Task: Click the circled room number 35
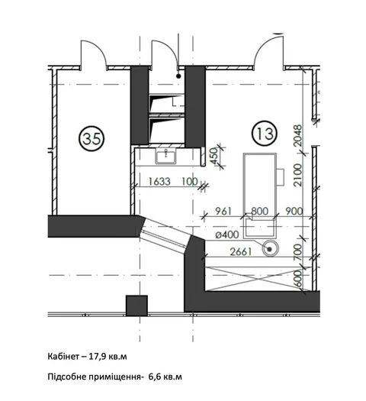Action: click(91, 138)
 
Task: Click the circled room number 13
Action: click(265, 133)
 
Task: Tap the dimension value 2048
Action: click(297, 135)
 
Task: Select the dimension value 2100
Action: click(297, 175)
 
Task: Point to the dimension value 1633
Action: click(159, 182)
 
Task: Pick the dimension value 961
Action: click(223, 212)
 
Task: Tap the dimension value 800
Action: click(260, 212)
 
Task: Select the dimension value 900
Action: click(294, 212)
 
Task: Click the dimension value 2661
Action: click(241, 252)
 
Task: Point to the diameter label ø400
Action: click(227, 234)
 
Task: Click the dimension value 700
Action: click(297, 251)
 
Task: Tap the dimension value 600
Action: click(297, 280)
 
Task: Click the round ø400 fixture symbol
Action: click(270, 248)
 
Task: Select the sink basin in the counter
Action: click(165, 157)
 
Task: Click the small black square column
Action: click(136, 306)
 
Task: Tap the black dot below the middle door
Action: click(178, 76)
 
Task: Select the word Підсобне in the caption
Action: click(66, 377)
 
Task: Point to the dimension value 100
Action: click(190, 182)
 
